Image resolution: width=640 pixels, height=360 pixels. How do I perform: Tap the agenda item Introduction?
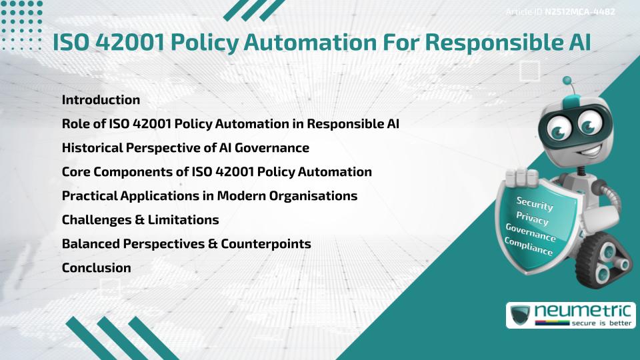tap(101, 100)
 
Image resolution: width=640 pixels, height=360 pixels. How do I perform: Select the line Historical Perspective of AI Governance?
tap(185, 147)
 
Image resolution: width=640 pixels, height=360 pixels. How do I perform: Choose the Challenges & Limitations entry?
tap(140, 219)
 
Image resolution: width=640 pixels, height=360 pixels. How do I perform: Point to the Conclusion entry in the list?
tap(96, 267)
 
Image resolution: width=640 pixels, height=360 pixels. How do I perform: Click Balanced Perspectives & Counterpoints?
tap(186, 243)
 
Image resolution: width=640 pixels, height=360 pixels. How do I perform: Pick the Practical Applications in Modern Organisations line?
tap(209, 196)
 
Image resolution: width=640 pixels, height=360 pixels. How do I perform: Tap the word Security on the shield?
tap(535, 203)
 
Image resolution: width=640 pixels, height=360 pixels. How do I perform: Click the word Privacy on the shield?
tap(532, 218)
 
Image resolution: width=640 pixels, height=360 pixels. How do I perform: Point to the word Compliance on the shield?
tap(529, 247)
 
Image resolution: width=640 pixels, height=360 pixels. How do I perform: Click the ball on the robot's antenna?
tap(567, 81)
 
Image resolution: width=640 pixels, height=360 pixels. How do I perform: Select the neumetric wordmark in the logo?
tap(581, 311)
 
